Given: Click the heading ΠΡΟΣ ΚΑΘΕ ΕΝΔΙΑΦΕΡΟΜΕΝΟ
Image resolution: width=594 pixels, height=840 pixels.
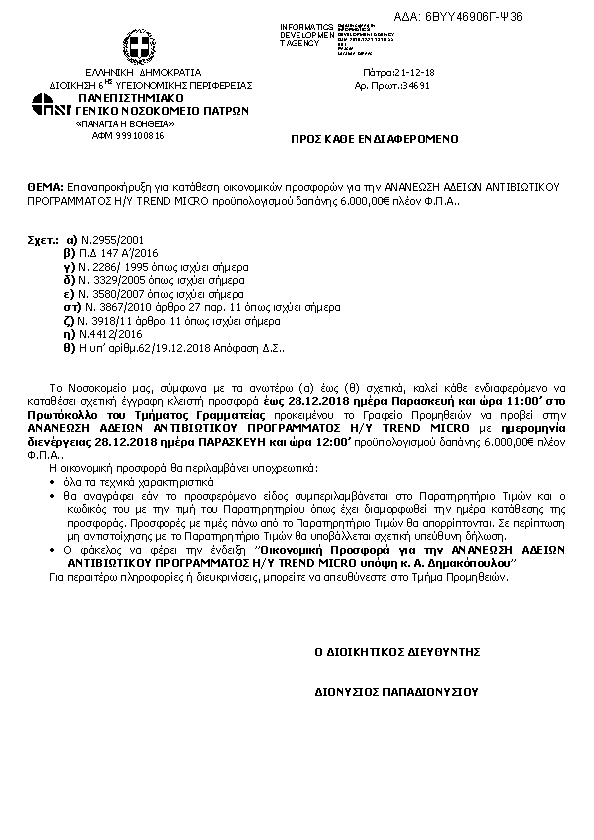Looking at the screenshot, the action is click(372, 143).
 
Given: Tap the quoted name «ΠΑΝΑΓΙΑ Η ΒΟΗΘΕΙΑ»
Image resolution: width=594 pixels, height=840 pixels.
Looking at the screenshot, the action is click(121, 124).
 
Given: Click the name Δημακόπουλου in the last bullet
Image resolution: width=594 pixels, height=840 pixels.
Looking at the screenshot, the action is click(467, 563).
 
